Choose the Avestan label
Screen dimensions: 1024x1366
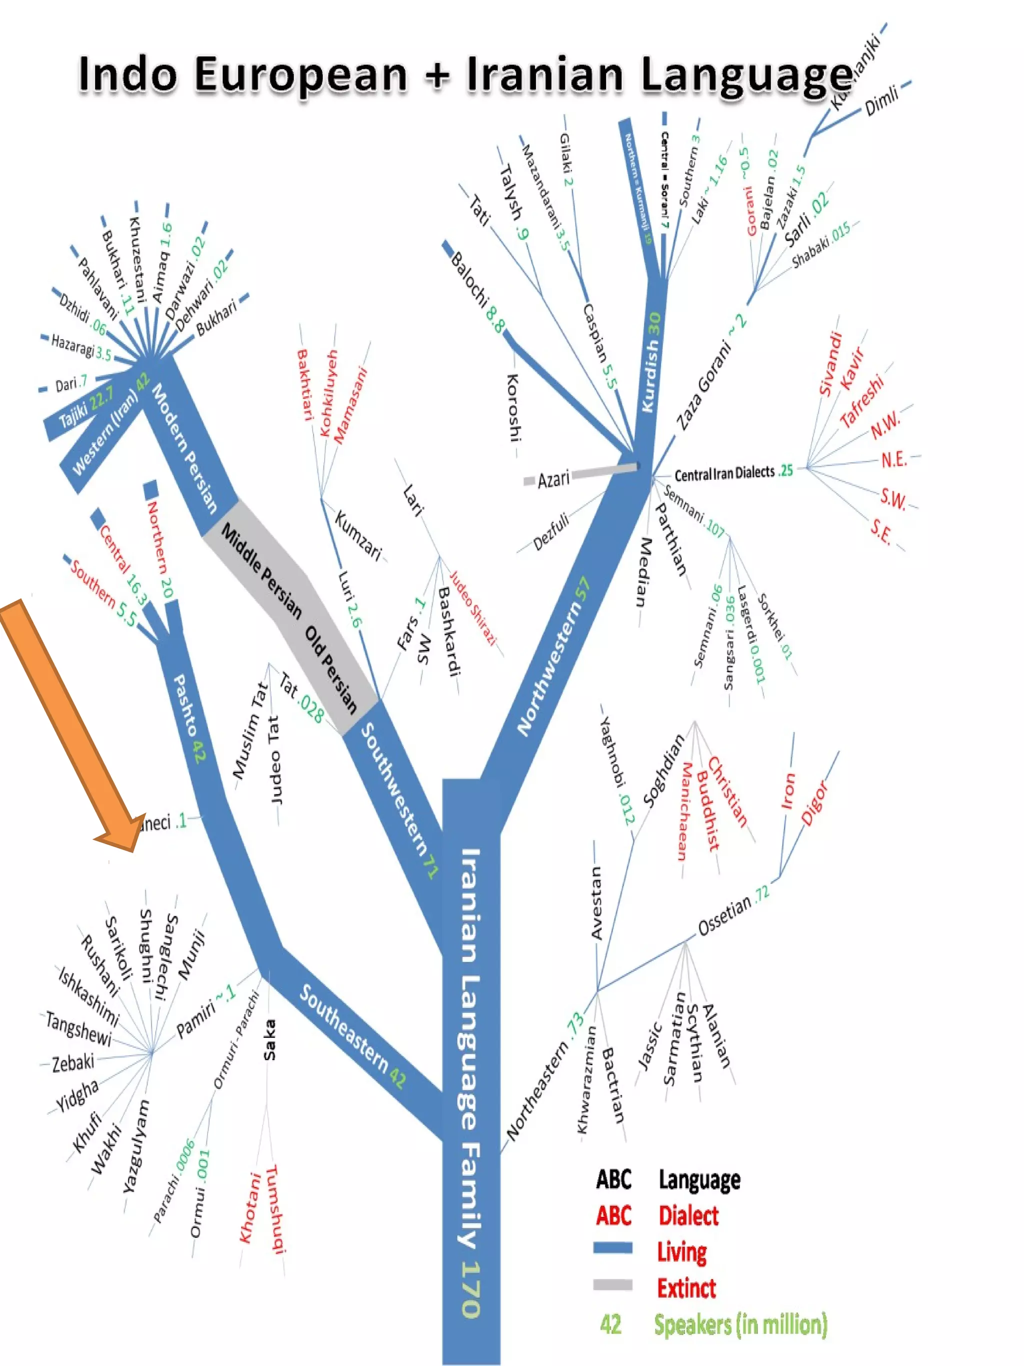pos(596,902)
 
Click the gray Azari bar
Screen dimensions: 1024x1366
pos(605,471)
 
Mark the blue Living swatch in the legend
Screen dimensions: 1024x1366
pos(612,1248)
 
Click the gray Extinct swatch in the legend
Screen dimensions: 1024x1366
pos(612,1285)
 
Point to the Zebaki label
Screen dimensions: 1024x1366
pos(73,1063)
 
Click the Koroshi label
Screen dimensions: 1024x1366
pos(514,407)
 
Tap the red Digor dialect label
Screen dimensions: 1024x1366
pos(815,802)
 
